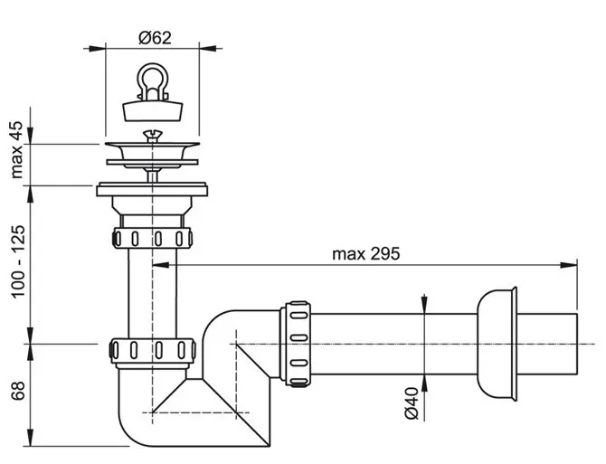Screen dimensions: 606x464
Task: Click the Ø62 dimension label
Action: click(x=155, y=38)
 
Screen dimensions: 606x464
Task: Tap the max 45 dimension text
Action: click(x=16, y=150)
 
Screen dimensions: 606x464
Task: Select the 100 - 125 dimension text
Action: click(x=18, y=261)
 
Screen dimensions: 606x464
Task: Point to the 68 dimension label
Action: click(x=18, y=391)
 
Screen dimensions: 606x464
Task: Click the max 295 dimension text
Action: click(x=366, y=254)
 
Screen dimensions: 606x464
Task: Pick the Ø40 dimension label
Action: click(x=412, y=403)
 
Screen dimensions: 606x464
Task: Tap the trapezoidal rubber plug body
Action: click(x=153, y=111)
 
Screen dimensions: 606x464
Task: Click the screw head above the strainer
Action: click(x=153, y=135)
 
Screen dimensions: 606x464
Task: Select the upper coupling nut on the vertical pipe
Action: click(x=152, y=238)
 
